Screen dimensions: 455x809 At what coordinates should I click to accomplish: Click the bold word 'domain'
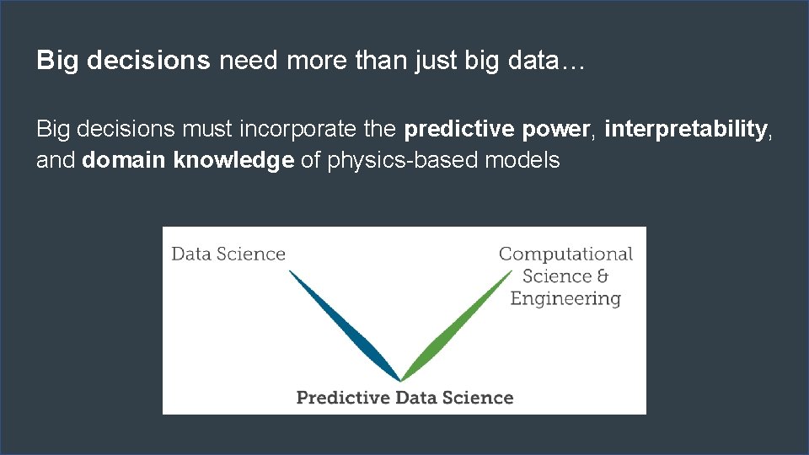[x=125, y=160]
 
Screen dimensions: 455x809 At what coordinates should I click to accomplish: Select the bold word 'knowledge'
[x=233, y=160]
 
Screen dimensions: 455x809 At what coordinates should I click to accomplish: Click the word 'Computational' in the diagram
[x=565, y=254]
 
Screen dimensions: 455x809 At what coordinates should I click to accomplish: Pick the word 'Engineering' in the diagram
[x=565, y=298]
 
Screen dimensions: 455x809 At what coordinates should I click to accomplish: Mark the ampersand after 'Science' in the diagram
[x=602, y=276]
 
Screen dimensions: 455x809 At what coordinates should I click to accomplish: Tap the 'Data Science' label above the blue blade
[x=228, y=254]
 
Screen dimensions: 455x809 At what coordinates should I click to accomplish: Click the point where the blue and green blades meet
[x=401, y=380]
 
